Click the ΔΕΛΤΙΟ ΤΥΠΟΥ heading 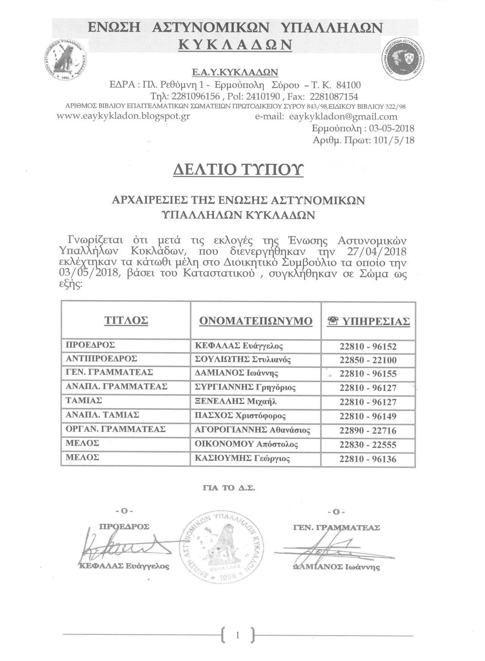click(238, 170)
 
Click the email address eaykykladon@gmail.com click(343, 116)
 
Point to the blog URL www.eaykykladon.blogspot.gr click(123, 116)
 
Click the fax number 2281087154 click(333, 96)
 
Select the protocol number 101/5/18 click(394, 140)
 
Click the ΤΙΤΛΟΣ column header click(126, 321)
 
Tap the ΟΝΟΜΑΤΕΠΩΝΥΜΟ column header click(256, 321)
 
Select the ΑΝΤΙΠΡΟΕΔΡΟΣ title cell click(102, 359)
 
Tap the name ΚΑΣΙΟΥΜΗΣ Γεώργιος click(242, 459)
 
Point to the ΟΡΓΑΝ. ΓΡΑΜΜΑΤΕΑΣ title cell click(116, 429)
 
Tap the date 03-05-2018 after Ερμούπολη click(391, 128)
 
